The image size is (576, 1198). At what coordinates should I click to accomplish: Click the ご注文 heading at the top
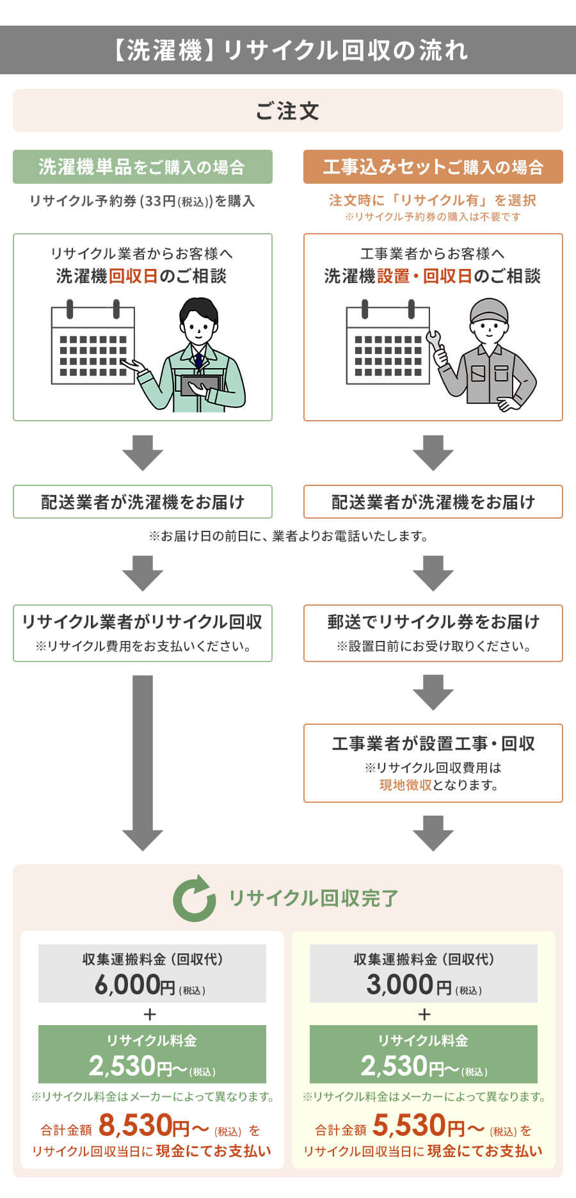click(x=287, y=111)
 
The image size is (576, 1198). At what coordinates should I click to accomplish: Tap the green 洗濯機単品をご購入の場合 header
click(x=142, y=167)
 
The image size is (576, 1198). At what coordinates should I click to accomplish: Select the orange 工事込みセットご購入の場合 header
click(x=433, y=167)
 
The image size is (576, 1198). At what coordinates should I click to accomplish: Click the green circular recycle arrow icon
click(x=194, y=898)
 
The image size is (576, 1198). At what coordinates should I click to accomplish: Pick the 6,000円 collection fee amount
click(x=135, y=985)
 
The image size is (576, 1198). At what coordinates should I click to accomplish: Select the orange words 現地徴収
click(x=405, y=785)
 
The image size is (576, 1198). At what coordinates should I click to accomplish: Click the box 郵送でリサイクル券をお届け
click(x=433, y=622)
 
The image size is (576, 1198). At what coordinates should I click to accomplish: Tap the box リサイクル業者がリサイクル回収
click(x=142, y=622)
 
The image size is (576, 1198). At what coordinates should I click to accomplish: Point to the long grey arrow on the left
click(x=143, y=762)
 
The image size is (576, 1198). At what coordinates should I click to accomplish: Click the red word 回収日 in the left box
click(x=133, y=277)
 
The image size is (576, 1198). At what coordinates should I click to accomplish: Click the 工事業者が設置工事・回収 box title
click(x=433, y=744)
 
